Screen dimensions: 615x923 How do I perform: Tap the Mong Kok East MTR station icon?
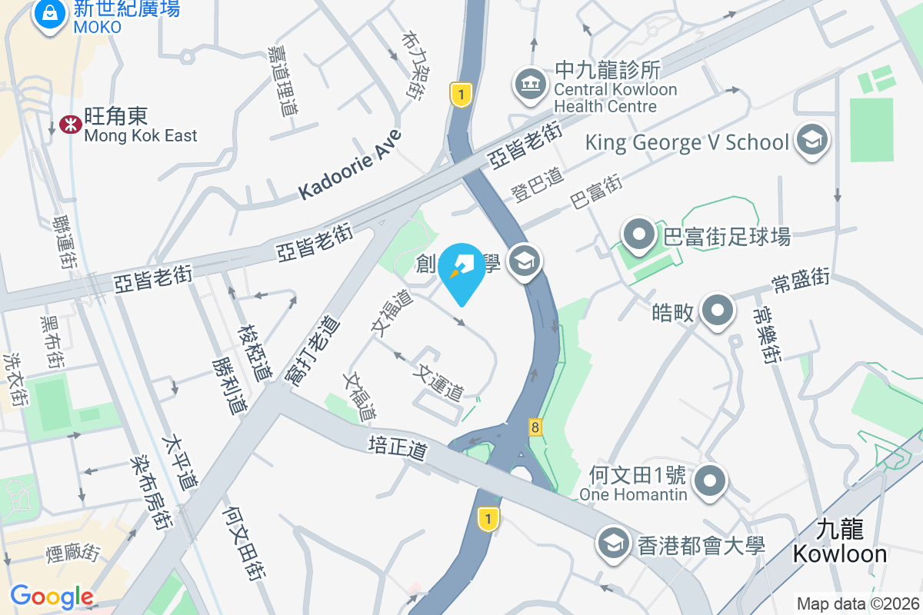(69, 125)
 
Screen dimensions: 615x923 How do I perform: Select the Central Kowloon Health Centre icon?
(528, 83)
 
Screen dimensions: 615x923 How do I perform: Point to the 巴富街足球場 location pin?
(638, 235)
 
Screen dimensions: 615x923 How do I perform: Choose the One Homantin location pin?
(710, 482)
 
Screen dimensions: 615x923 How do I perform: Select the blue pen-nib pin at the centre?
(461, 271)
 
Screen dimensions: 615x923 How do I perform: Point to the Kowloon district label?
(840, 542)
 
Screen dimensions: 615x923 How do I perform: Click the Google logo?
(52, 596)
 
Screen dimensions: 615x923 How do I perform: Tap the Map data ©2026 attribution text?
(858, 603)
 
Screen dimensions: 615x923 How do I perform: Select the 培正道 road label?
(398, 448)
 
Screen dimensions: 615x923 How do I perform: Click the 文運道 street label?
(438, 382)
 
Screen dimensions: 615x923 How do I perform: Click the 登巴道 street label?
(537, 186)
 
